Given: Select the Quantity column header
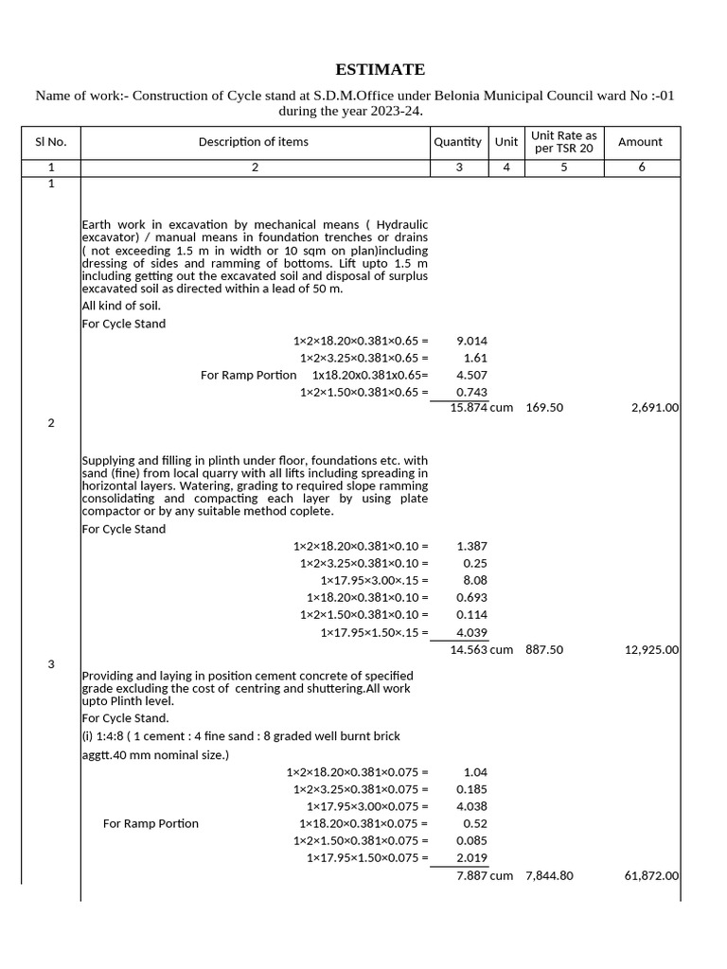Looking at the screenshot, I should (x=457, y=142).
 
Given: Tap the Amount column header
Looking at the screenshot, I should (x=640, y=142).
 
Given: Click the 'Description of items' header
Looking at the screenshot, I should (x=253, y=142).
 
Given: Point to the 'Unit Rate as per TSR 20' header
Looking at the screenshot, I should (x=563, y=142).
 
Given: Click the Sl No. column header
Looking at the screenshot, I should (x=50, y=142).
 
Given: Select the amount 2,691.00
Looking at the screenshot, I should (x=652, y=407).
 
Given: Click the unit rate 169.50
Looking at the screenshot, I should (x=544, y=407).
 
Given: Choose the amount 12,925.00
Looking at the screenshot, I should (x=650, y=650).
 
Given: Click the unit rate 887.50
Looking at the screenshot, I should (x=544, y=650).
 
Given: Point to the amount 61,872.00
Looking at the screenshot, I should (x=650, y=876).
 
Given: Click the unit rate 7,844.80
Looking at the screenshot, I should (x=549, y=876).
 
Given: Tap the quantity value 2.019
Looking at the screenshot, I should (x=471, y=858).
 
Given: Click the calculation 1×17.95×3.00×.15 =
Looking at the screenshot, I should (x=374, y=580).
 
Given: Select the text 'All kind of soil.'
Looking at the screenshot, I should (x=121, y=306).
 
